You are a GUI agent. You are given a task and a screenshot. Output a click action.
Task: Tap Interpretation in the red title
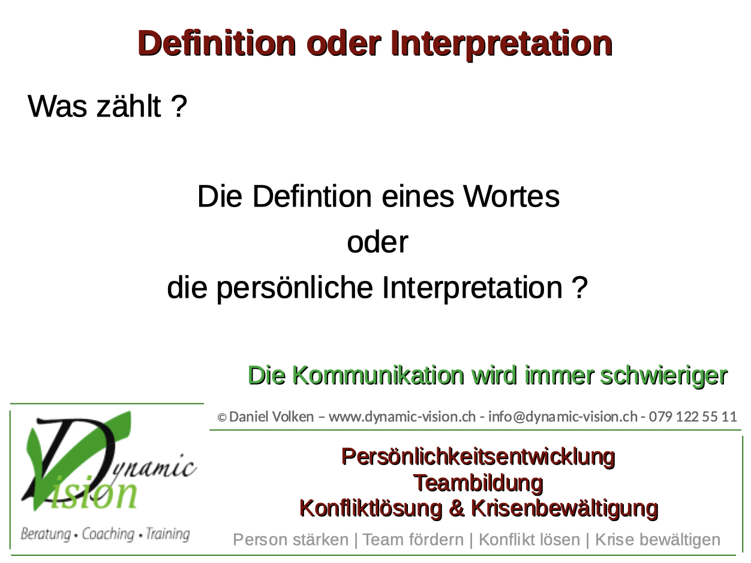tap(501, 43)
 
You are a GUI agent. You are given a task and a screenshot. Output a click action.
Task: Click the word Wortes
tap(512, 196)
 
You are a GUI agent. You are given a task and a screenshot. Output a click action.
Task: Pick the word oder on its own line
tap(377, 242)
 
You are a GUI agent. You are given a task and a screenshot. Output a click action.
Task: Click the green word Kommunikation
tap(378, 375)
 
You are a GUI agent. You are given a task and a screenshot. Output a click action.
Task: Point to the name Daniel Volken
tap(271, 417)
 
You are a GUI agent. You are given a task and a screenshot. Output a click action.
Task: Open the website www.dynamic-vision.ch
tap(402, 417)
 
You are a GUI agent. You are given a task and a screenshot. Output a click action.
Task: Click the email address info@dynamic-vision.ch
tap(563, 417)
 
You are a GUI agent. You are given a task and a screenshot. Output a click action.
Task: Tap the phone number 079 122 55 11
tap(693, 417)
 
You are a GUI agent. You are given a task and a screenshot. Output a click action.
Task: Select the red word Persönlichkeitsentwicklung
tap(478, 457)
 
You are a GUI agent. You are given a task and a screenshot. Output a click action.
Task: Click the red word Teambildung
tap(478, 483)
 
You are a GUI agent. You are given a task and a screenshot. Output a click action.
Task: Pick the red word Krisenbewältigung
tap(564, 508)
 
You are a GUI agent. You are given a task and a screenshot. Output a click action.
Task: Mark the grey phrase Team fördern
tap(413, 540)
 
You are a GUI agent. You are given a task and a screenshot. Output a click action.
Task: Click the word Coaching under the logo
tap(108, 534)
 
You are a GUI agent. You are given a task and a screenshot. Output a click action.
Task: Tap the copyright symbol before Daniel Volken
tap(222, 417)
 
